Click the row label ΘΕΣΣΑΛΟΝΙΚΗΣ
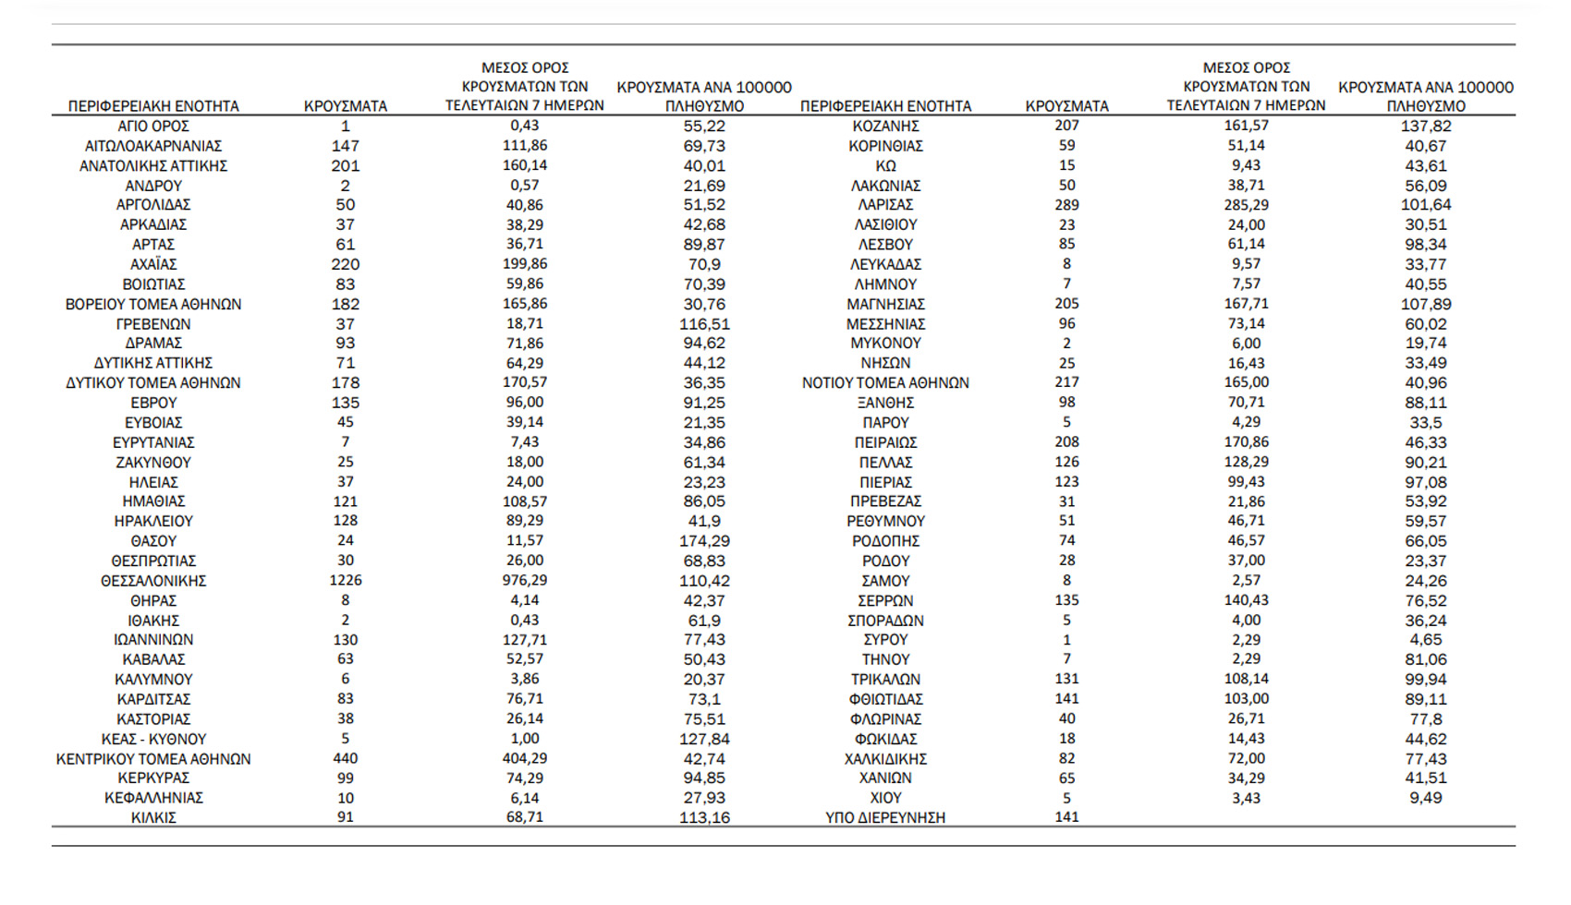pyautogui.click(x=153, y=581)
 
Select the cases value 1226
pyautogui.click(x=346, y=581)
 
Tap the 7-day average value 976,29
pyautogui.click(x=525, y=581)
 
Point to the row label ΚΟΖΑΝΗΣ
pyautogui.click(x=885, y=126)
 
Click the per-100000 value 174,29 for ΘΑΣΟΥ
pyautogui.click(x=704, y=541)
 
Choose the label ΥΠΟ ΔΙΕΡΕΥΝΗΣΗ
pyautogui.click(x=885, y=817)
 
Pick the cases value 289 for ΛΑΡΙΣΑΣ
pyautogui.click(x=1066, y=205)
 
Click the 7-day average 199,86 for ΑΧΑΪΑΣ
pyautogui.click(x=525, y=264)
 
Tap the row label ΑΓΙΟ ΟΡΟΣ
pyautogui.click(x=153, y=126)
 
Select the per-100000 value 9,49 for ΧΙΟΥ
pyautogui.click(x=1426, y=798)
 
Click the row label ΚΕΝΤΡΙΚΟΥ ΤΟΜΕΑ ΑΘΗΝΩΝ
pyautogui.click(x=153, y=759)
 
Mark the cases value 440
pyautogui.click(x=346, y=759)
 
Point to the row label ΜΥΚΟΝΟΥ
pyautogui.click(x=885, y=344)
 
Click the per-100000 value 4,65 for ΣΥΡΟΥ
pyautogui.click(x=1426, y=640)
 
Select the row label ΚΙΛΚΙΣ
pyautogui.click(x=153, y=817)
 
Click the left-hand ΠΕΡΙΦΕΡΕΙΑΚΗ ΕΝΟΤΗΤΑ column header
pyautogui.click(x=153, y=106)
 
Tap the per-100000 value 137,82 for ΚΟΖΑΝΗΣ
pyautogui.click(x=1426, y=126)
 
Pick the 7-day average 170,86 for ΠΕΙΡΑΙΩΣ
pyautogui.click(x=1246, y=442)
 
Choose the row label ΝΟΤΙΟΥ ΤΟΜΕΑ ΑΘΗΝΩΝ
pyautogui.click(x=885, y=383)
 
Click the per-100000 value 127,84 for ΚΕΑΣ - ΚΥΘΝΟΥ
pyautogui.click(x=704, y=739)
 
